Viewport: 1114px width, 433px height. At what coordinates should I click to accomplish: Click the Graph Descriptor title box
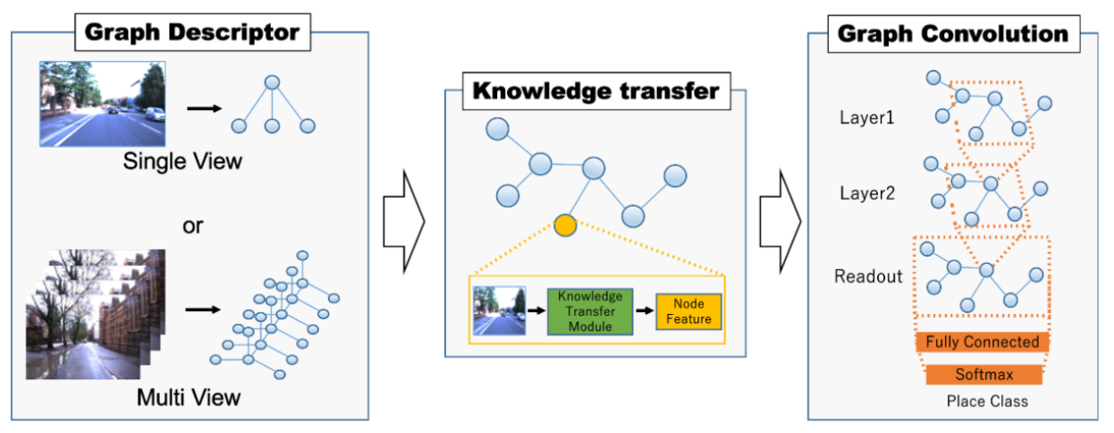[192, 34]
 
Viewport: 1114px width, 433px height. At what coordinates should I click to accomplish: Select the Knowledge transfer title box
[595, 90]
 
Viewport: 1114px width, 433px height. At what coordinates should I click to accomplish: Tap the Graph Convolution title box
[952, 34]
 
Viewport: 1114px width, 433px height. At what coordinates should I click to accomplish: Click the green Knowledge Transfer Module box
[589, 311]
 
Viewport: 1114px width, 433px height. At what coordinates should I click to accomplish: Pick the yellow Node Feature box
[688, 311]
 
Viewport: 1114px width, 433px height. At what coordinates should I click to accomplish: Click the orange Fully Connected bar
[982, 342]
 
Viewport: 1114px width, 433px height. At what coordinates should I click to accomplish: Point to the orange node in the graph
[564, 225]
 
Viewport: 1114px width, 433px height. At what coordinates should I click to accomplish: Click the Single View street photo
[102, 104]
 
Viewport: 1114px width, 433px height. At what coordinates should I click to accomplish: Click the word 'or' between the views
[192, 225]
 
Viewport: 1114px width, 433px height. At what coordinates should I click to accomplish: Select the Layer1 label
[866, 117]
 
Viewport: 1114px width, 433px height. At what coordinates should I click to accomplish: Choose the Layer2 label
[866, 192]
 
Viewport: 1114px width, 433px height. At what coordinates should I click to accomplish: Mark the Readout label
[865, 276]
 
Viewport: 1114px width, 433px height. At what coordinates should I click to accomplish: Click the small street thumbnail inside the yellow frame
[496, 311]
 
